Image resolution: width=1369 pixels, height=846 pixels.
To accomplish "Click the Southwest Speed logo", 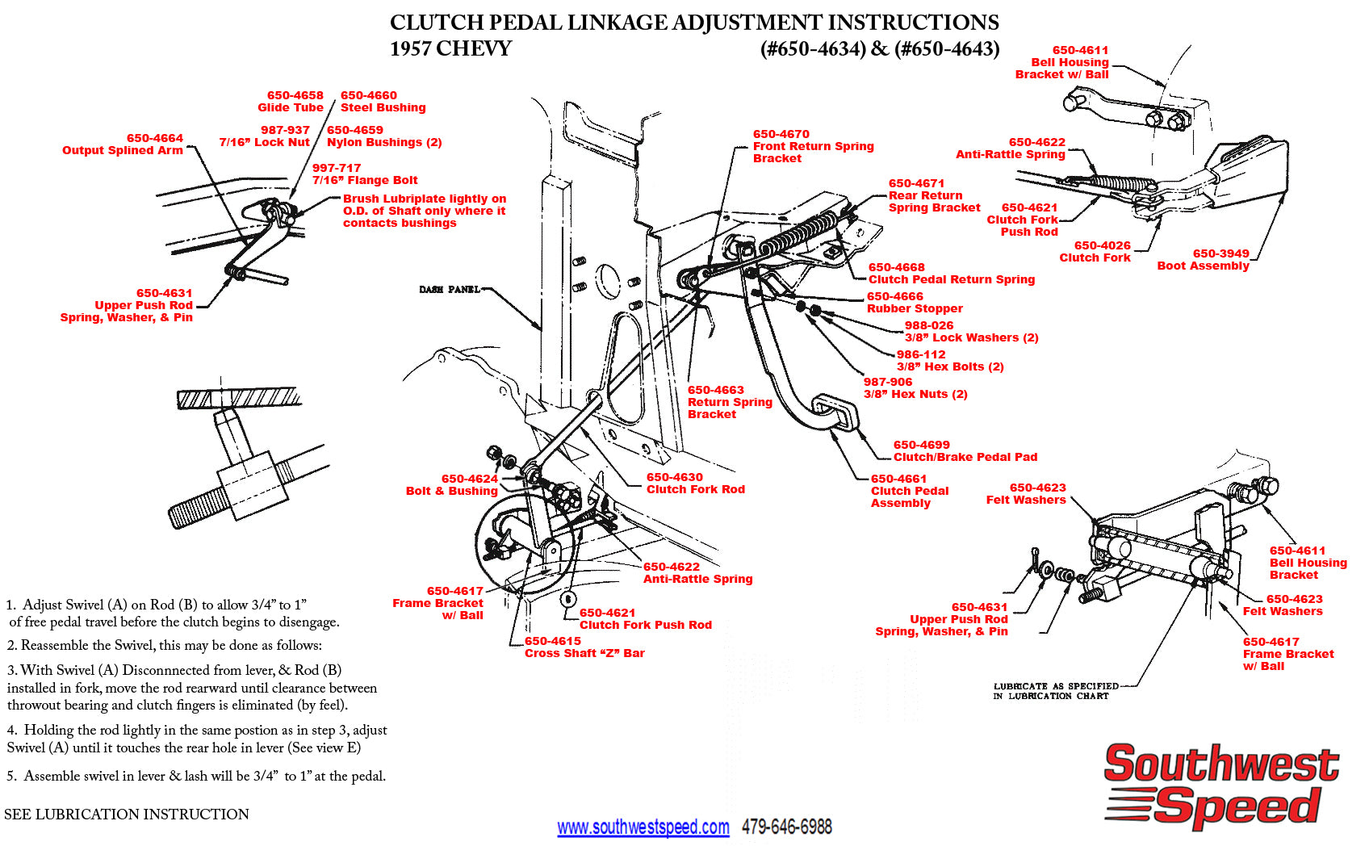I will (1220, 785).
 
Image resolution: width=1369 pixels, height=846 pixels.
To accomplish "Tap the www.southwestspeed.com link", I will (643, 827).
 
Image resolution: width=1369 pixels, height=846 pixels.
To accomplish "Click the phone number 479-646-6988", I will (786, 827).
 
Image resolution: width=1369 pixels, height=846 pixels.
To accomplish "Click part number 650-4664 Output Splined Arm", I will (123, 144).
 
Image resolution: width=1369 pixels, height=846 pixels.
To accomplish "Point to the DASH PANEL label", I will (449, 290).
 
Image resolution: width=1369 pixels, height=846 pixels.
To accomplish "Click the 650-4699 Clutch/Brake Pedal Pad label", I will (965, 451).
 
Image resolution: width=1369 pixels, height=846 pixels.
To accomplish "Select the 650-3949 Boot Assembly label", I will (1203, 260).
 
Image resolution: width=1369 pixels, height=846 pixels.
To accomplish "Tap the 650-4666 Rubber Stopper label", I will (914, 303).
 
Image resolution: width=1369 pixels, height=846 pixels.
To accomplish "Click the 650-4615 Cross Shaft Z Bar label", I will (584, 647).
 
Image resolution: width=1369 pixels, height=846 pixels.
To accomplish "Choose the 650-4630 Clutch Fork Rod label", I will (695, 484).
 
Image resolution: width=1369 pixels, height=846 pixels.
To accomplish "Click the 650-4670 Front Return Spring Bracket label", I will (812, 146).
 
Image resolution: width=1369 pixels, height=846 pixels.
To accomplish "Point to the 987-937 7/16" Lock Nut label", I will (265, 136).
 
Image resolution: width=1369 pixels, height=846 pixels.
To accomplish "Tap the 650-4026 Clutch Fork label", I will (1095, 252).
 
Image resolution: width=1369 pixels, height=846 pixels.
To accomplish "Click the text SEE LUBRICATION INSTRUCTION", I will (127, 815).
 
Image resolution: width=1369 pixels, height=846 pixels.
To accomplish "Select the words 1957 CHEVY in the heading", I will (450, 49).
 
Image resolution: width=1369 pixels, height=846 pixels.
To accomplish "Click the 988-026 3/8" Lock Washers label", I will (970, 332).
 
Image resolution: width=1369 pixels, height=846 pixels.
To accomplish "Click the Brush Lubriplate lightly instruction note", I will (424, 211).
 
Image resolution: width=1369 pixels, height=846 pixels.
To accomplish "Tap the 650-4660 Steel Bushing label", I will (383, 102).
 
